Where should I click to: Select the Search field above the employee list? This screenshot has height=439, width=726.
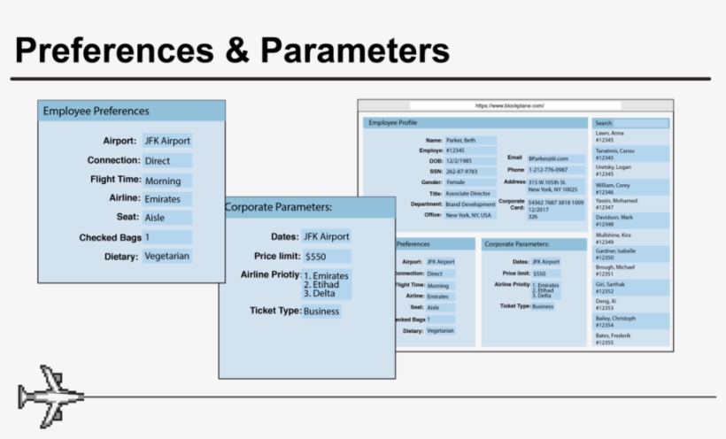coord(630,123)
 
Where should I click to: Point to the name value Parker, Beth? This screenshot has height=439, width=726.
coord(466,140)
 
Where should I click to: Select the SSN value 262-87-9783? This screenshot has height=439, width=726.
coord(461,172)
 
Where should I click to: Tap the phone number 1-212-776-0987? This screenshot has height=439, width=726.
coord(549,169)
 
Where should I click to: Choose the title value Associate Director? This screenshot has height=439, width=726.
coord(468,193)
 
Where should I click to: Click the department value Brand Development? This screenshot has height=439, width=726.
coord(470,204)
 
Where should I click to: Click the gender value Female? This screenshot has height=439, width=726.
coord(456,182)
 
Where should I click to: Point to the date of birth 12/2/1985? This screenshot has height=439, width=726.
coord(459,161)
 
